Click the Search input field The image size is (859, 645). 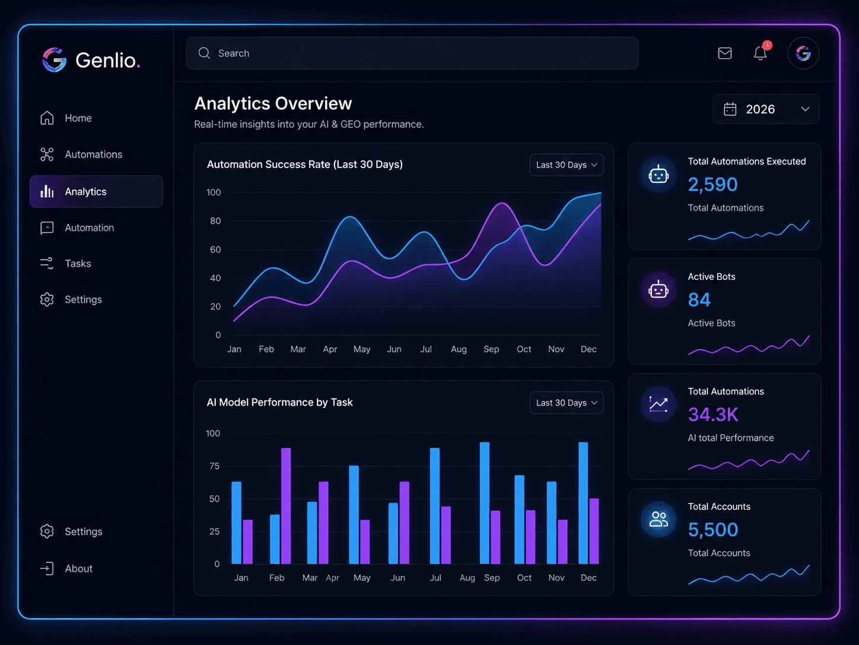412,53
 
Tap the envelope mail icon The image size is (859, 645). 725,53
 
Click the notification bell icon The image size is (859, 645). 761,53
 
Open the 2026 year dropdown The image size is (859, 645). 766,109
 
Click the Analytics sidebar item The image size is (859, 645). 96,191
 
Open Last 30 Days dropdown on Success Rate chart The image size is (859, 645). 567,165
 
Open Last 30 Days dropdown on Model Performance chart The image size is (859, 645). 567,403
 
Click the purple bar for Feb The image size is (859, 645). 286,506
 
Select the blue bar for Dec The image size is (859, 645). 583,503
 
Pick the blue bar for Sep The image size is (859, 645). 485,503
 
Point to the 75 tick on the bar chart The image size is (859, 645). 215,466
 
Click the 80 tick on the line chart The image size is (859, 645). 215,221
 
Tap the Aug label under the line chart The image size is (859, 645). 459,349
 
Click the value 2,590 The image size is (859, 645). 712,185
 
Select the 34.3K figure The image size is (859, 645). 713,415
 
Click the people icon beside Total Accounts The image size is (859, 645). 658,520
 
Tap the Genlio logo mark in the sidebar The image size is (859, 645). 54,60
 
